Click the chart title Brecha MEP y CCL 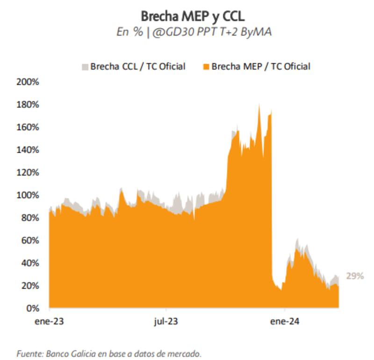193,17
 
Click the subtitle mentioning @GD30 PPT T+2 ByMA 193,33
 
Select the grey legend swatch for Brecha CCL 85,66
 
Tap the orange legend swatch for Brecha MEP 205,66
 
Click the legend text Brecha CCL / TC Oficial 138,66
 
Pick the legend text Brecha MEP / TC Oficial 261,66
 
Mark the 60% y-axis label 29,240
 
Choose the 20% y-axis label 29,286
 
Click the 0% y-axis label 31,308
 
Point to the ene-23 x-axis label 50,322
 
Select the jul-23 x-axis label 166,322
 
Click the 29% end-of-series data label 354,276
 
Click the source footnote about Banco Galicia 109,353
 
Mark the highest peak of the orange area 259,105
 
